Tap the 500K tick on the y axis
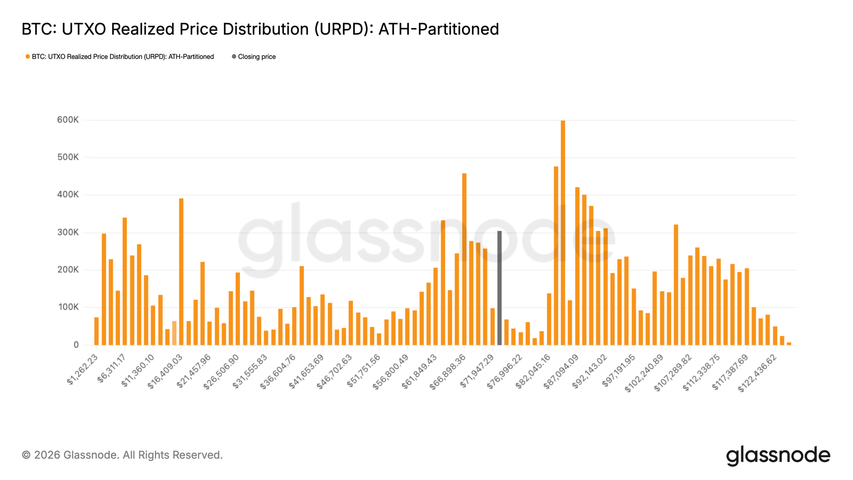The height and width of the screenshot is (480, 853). coord(68,157)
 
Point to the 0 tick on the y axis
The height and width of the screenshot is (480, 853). coord(76,345)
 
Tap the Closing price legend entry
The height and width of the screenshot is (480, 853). coord(256,57)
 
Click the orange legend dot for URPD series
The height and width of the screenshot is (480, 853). coord(28,57)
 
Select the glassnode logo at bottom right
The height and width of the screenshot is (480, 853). coord(778,455)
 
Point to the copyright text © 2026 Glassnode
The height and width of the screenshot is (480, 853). coord(122,455)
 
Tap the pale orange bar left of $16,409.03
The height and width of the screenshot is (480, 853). coord(174,333)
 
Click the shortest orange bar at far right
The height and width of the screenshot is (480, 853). coord(789,343)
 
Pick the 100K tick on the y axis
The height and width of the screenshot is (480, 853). coord(68,307)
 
